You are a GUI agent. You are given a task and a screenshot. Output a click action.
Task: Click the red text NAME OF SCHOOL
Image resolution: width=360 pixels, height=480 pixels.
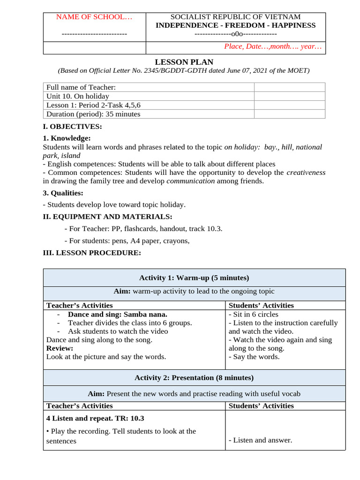(94, 17)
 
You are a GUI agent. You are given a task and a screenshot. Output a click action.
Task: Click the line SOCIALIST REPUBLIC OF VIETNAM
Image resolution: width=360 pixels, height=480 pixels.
(235, 17)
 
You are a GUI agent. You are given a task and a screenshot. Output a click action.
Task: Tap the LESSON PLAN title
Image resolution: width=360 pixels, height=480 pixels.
(184, 62)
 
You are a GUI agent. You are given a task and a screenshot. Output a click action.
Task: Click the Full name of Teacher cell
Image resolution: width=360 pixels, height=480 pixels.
(81, 87)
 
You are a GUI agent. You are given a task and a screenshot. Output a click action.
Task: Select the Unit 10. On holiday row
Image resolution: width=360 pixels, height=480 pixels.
(78, 96)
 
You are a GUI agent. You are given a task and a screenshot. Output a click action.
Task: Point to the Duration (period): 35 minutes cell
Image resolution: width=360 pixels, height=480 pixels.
(93, 114)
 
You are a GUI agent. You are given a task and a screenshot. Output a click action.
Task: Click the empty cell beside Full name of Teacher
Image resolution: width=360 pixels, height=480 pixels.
(289, 87)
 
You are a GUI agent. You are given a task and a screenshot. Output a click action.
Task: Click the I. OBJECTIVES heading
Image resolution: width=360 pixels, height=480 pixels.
(72, 127)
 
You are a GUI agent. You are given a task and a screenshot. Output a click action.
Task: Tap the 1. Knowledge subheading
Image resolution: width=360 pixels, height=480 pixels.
(67, 138)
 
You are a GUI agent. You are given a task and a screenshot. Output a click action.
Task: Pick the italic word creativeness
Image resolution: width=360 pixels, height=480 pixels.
(306, 172)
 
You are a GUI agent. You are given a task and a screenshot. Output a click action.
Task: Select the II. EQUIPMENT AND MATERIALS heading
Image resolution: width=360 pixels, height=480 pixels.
(107, 217)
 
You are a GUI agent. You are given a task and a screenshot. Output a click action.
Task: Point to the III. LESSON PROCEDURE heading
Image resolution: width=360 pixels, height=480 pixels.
(91, 253)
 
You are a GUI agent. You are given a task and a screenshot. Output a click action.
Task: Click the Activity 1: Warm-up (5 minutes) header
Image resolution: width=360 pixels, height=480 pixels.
(194, 277)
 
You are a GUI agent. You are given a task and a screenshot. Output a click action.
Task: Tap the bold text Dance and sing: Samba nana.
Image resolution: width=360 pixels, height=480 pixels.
(117, 314)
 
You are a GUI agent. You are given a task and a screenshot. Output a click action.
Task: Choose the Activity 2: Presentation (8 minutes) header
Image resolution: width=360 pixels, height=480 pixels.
(194, 377)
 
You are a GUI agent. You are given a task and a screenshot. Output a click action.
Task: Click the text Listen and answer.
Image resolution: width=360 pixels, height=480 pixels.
(260, 440)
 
